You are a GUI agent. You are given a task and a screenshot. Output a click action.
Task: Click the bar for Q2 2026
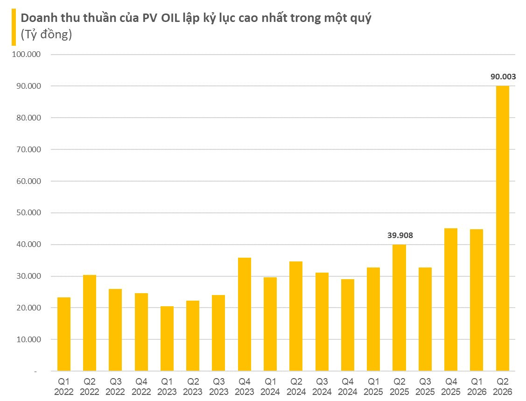pyautogui.click(x=502, y=228)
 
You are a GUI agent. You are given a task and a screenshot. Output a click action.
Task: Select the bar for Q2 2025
pyautogui.click(x=399, y=308)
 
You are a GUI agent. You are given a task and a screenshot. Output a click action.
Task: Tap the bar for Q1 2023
pyautogui.click(x=167, y=338)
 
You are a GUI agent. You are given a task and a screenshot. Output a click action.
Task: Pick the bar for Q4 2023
pyautogui.click(x=245, y=314)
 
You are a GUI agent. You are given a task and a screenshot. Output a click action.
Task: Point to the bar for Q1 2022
pyautogui.click(x=64, y=334)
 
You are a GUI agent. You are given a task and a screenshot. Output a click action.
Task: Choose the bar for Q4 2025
pyautogui.click(x=451, y=300)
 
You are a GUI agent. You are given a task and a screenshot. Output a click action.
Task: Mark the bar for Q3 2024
pyautogui.click(x=322, y=322)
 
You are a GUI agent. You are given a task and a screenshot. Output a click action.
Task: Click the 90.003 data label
pyautogui.click(x=503, y=77)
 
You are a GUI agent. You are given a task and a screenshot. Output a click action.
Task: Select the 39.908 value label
pyautogui.click(x=400, y=235)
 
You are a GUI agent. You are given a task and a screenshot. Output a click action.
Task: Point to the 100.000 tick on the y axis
pyautogui.click(x=26, y=54)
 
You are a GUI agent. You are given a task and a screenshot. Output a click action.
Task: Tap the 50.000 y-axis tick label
pyautogui.click(x=28, y=213)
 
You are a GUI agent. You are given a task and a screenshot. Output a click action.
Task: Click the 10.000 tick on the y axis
pyautogui.click(x=28, y=339)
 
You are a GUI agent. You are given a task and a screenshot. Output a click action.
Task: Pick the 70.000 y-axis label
pyautogui.click(x=28, y=149)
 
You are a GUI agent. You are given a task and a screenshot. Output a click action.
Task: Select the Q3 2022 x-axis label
pyautogui.click(x=115, y=387)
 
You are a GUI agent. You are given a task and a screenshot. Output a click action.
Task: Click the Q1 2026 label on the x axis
pyautogui.click(x=477, y=387)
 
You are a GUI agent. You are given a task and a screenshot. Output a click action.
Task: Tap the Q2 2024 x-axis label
pyautogui.click(x=296, y=387)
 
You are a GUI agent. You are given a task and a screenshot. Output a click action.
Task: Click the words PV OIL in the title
pyautogui.click(x=161, y=18)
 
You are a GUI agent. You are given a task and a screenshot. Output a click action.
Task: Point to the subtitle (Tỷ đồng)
pyautogui.click(x=46, y=34)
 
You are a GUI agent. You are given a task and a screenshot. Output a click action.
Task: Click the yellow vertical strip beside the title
pyautogui.click(x=14, y=27)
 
